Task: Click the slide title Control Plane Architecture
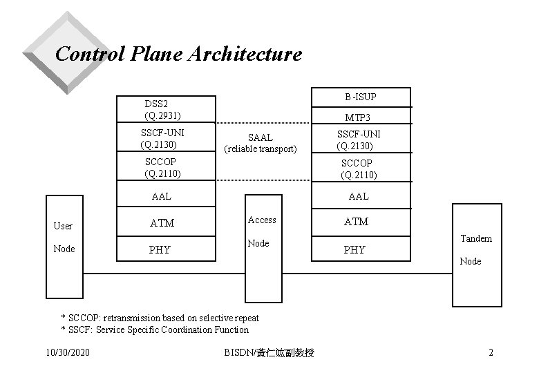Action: point(178,54)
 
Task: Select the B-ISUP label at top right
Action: point(361,96)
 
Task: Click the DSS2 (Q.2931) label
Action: point(163,108)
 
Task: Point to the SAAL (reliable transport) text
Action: point(261,143)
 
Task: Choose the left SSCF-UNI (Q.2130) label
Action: point(162,138)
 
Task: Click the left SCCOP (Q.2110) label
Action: point(162,168)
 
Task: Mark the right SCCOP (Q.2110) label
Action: point(359,169)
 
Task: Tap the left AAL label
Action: point(162,196)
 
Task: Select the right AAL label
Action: point(359,196)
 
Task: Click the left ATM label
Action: point(162,223)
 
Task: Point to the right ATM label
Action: point(357,222)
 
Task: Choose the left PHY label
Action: point(160,249)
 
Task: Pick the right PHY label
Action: point(354,249)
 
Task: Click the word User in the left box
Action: point(63,226)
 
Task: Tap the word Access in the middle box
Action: point(262,220)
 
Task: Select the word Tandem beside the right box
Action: point(475,238)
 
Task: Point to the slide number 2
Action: point(491,353)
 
